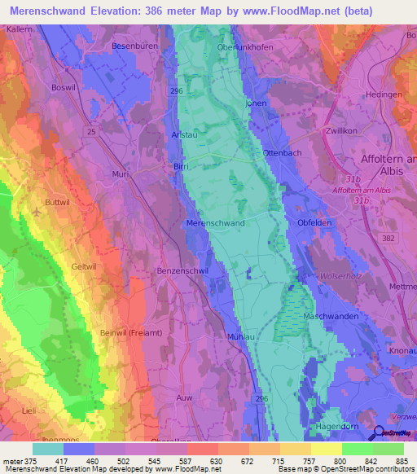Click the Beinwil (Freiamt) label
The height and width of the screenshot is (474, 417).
point(104,333)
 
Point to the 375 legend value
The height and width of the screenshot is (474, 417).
point(30,462)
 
